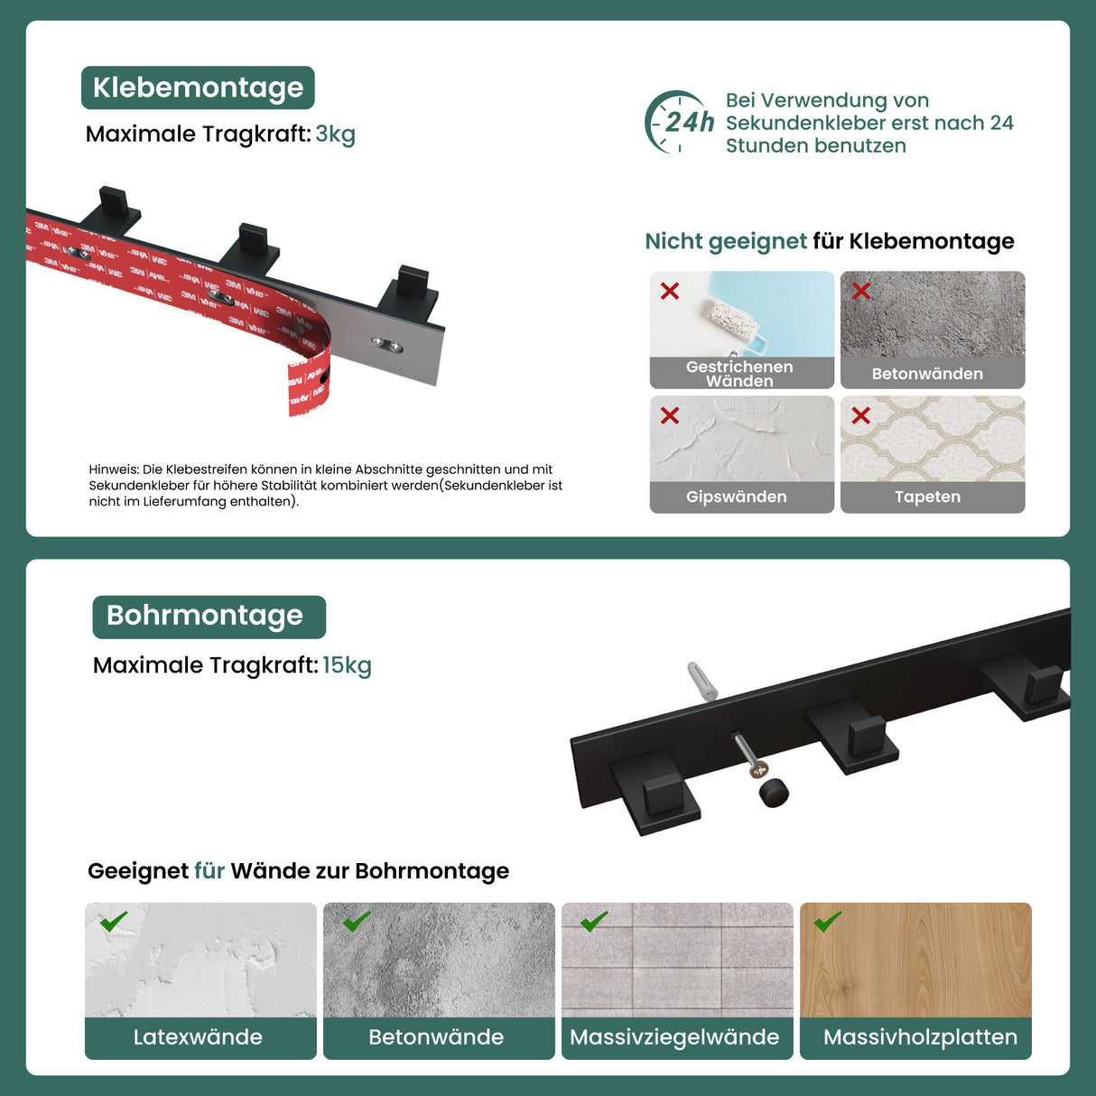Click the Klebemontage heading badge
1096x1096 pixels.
tap(198, 88)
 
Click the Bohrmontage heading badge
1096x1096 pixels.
tap(209, 616)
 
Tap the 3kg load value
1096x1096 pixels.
tap(335, 135)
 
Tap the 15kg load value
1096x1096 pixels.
tap(347, 665)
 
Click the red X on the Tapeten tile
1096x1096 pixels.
tap(860, 415)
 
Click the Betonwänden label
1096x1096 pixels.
tap(927, 374)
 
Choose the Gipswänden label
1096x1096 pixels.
tap(736, 497)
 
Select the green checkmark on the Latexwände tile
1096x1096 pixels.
tap(114, 922)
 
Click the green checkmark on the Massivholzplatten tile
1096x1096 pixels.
tap(828, 922)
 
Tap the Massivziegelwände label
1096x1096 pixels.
tap(674, 1037)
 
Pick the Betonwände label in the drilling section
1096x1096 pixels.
tap(436, 1037)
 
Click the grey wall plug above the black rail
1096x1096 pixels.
tap(702, 682)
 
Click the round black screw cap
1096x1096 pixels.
tap(774, 794)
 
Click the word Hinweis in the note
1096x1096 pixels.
tap(113, 469)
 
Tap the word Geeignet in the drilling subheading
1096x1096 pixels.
tap(137, 871)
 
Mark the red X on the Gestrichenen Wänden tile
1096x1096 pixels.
tap(670, 291)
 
